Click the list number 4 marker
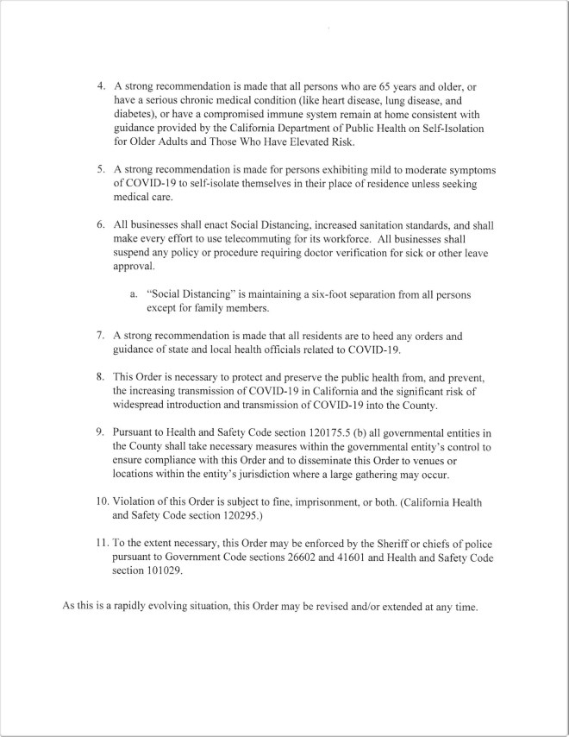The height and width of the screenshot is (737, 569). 101,87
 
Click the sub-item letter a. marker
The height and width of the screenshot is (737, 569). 134,294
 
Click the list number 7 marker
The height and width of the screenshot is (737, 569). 101,336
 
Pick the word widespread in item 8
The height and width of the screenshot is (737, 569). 142,406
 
